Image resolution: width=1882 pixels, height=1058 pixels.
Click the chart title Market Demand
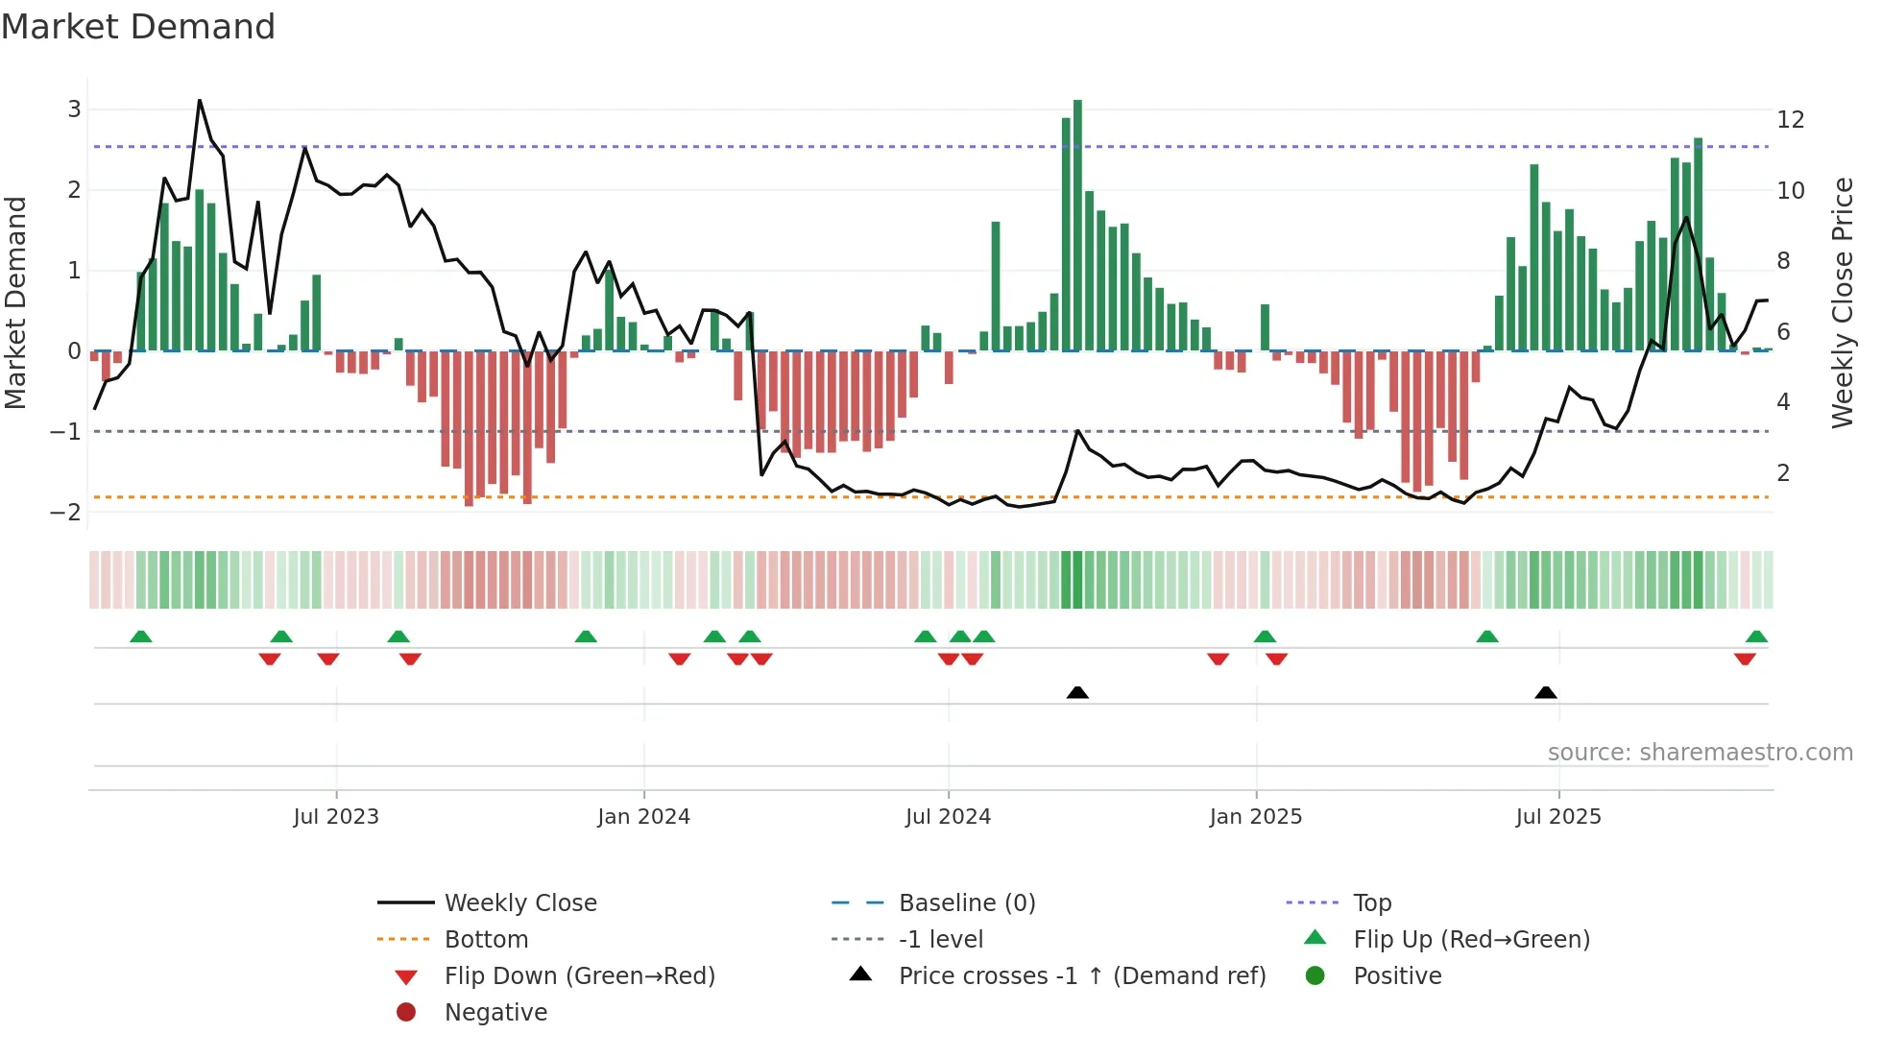(138, 27)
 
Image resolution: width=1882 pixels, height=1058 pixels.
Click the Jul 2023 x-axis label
(336, 817)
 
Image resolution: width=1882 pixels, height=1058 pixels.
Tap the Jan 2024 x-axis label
(643, 817)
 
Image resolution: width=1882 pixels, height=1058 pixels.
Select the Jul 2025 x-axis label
(1558, 817)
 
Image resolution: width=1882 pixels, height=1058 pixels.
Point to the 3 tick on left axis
(74, 109)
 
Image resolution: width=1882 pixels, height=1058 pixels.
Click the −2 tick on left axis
(66, 513)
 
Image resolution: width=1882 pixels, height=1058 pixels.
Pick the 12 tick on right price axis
(1791, 120)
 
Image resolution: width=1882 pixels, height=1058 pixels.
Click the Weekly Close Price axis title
(1842, 302)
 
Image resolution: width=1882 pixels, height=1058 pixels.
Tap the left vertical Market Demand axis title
(15, 302)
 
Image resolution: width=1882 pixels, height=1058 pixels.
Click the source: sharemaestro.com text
(1700, 753)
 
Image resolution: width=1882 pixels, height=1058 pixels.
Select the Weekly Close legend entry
(519, 903)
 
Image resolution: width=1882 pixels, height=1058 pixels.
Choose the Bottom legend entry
(486, 940)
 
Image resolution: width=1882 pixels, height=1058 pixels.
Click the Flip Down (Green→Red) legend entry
(579, 976)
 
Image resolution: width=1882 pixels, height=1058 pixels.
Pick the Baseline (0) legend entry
(966, 903)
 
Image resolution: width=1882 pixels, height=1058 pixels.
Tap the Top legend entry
(1372, 903)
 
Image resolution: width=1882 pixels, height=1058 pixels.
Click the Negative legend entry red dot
(406, 1013)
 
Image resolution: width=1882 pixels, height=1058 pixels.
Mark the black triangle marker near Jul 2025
(1546, 693)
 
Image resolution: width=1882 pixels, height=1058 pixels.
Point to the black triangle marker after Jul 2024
(1077, 693)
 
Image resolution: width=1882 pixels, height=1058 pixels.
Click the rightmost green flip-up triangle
(1756, 637)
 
